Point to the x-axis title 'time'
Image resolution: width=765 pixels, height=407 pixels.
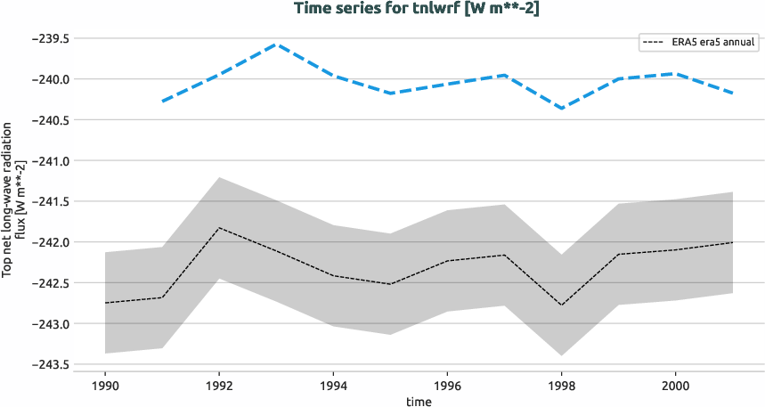click(x=419, y=402)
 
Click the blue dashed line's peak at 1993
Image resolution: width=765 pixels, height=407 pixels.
click(x=276, y=44)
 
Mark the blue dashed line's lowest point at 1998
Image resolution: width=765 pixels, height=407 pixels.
click(x=561, y=109)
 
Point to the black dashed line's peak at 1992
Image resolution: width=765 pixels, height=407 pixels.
click(x=219, y=228)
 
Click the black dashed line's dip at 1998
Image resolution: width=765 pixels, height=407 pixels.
click(x=561, y=305)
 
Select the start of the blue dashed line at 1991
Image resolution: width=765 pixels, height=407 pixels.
click(x=162, y=102)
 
